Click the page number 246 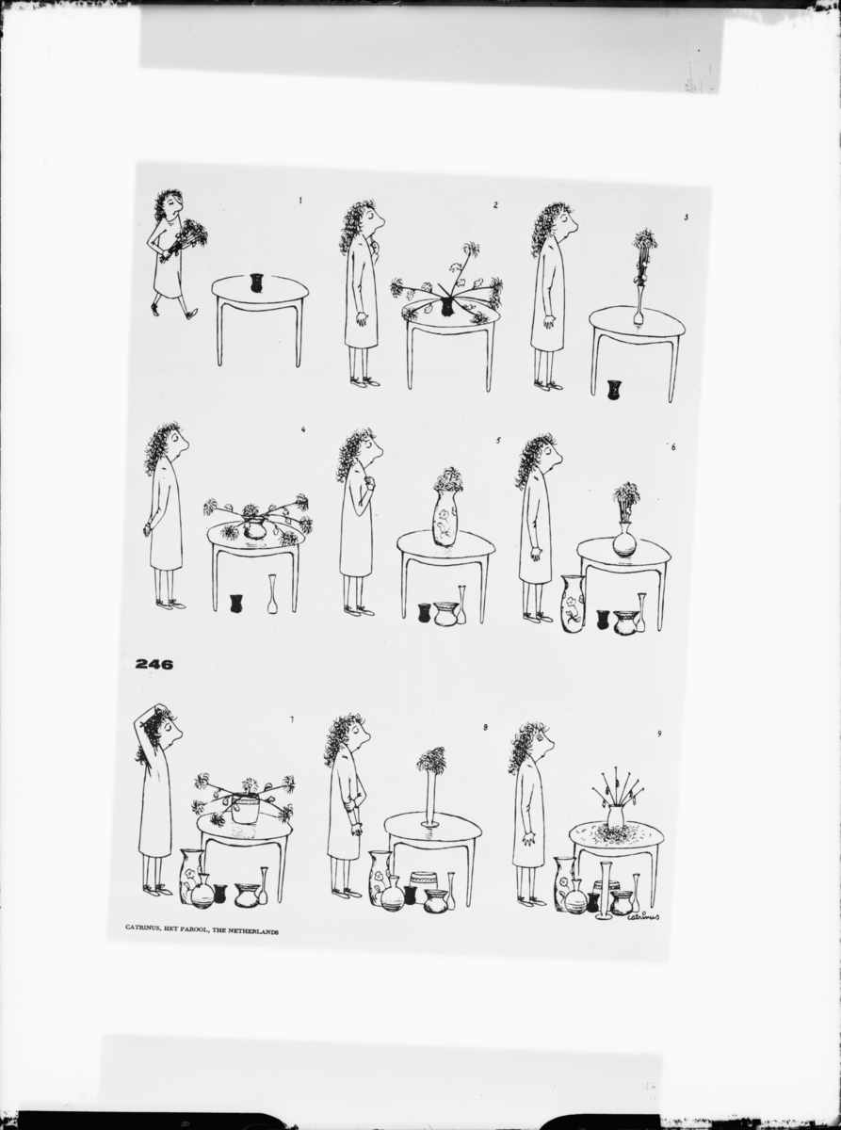pos(154,664)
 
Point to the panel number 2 pos(495,204)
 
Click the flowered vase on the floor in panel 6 pos(573,604)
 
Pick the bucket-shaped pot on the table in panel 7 pos(245,809)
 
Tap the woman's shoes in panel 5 pos(360,610)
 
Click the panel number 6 pos(672,447)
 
